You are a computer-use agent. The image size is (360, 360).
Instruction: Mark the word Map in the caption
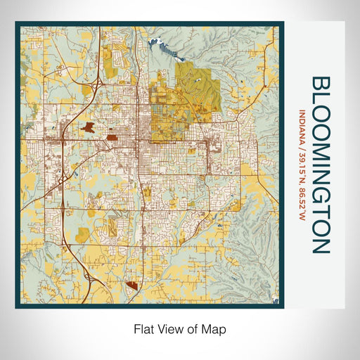(x=214, y=328)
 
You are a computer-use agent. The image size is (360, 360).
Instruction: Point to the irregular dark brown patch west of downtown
(x=89, y=128)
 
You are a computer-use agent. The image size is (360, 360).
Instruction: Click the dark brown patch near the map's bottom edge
(x=134, y=285)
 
